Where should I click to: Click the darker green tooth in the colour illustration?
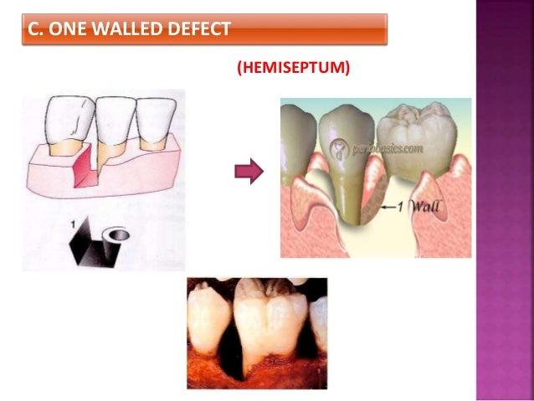[x=340, y=159]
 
